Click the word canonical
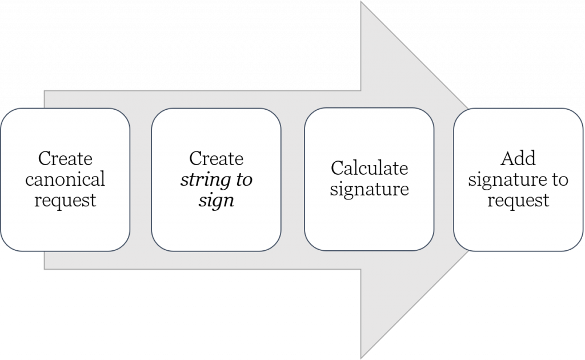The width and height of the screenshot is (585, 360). coord(65,179)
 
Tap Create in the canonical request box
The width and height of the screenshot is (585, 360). coord(65,158)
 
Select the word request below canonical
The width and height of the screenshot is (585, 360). coord(65,201)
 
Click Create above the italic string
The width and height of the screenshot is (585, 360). coord(217,158)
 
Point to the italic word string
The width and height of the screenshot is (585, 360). coord(206,180)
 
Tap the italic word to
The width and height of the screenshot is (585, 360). coord(245,180)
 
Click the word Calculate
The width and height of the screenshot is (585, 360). coord(370,168)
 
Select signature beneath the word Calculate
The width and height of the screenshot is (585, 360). coord(370,190)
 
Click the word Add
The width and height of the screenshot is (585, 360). coord(518,158)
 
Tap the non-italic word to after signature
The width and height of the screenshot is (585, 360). coord(560,180)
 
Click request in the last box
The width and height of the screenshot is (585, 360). coord(518,201)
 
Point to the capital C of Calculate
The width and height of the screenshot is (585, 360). coord(337,168)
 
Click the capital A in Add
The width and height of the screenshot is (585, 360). coord(507,158)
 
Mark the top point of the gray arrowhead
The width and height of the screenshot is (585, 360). coord(361,2)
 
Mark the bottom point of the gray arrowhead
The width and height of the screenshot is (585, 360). coord(361,358)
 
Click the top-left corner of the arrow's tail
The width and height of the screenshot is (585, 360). coord(45,91)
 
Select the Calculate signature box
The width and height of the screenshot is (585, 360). coord(369,179)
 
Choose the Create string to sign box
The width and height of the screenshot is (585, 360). coord(216,179)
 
